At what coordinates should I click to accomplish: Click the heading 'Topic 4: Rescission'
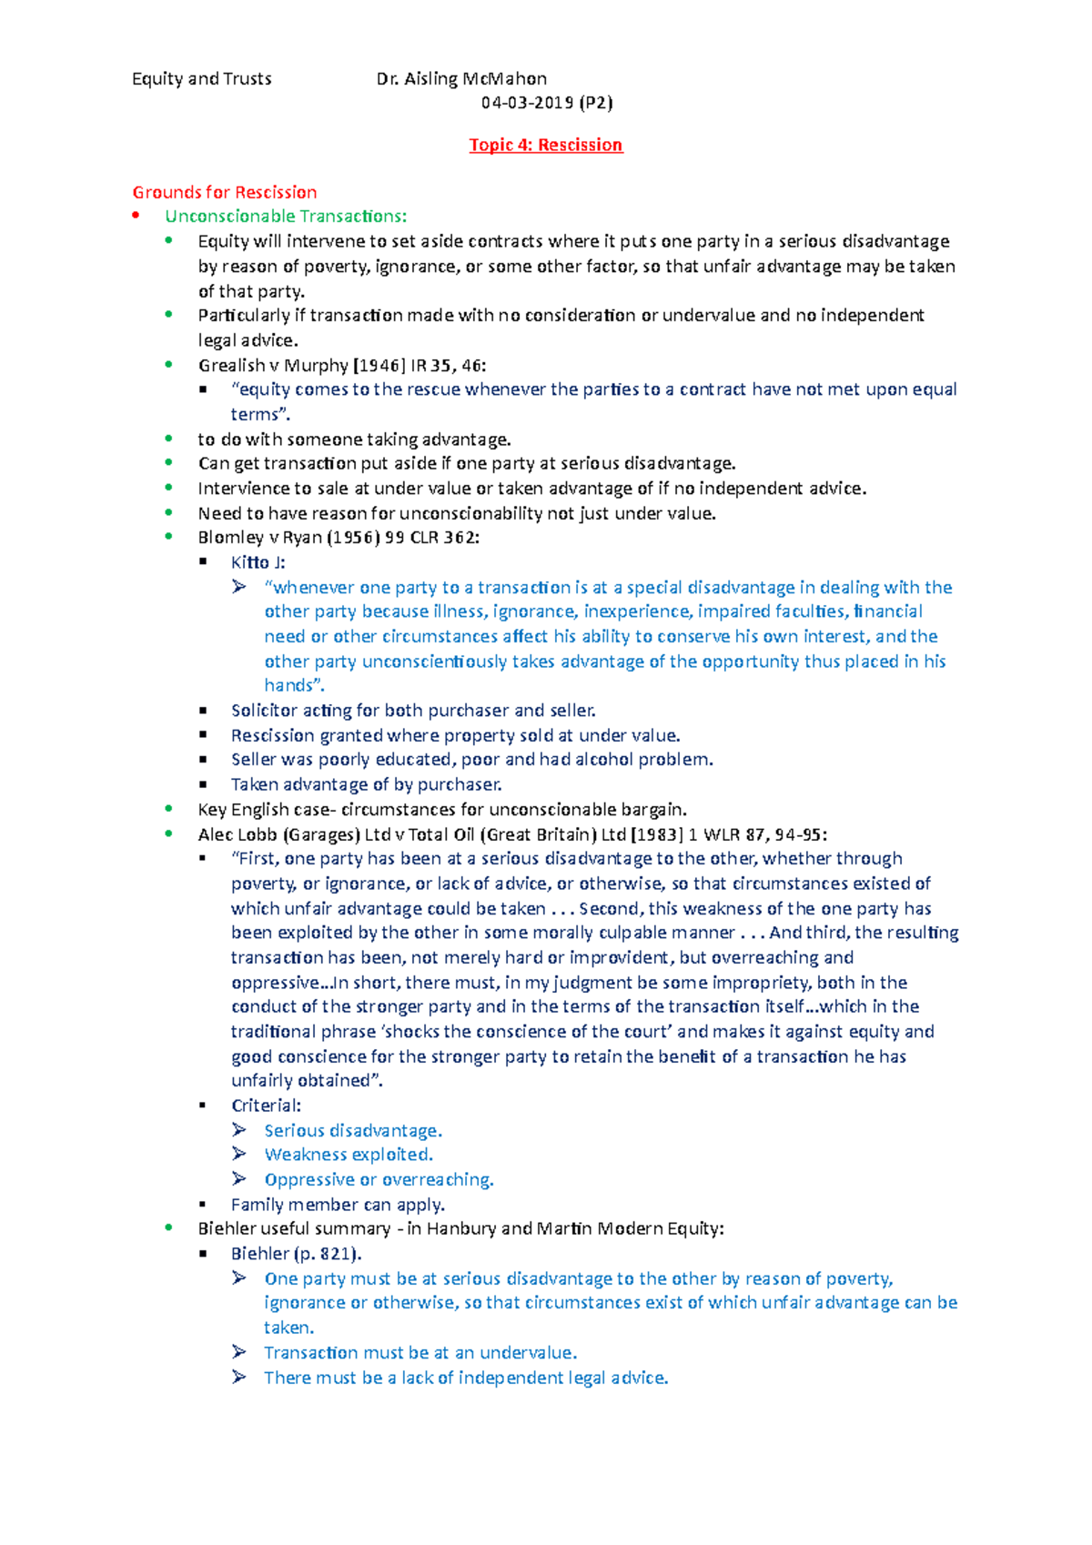pyautogui.click(x=545, y=145)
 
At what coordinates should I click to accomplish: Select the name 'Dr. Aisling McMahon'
pyautogui.click(x=461, y=79)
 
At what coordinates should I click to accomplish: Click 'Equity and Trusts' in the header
pyautogui.click(x=201, y=79)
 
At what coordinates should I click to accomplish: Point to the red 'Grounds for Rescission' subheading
pyautogui.click(x=225, y=192)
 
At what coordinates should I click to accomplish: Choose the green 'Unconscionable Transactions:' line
pyautogui.click(x=286, y=217)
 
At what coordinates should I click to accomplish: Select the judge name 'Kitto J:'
pyautogui.click(x=258, y=562)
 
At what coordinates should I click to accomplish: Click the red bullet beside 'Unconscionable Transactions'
pyautogui.click(x=136, y=216)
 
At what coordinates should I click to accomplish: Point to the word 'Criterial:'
pyautogui.click(x=266, y=1106)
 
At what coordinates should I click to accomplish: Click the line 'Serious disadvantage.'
pyautogui.click(x=353, y=1131)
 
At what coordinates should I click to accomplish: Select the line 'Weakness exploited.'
pyautogui.click(x=349, y=1155)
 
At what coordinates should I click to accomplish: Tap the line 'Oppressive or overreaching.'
pyautogui.click(x=379, y=1180)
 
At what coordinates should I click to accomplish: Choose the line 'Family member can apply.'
pyautogui.click(x=338, y=1205)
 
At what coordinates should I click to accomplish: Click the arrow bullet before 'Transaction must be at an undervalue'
pyautogui.click(x=239, y=1352)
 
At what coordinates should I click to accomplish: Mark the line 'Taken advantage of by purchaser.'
pyautogui.click(x=366, y=784)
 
